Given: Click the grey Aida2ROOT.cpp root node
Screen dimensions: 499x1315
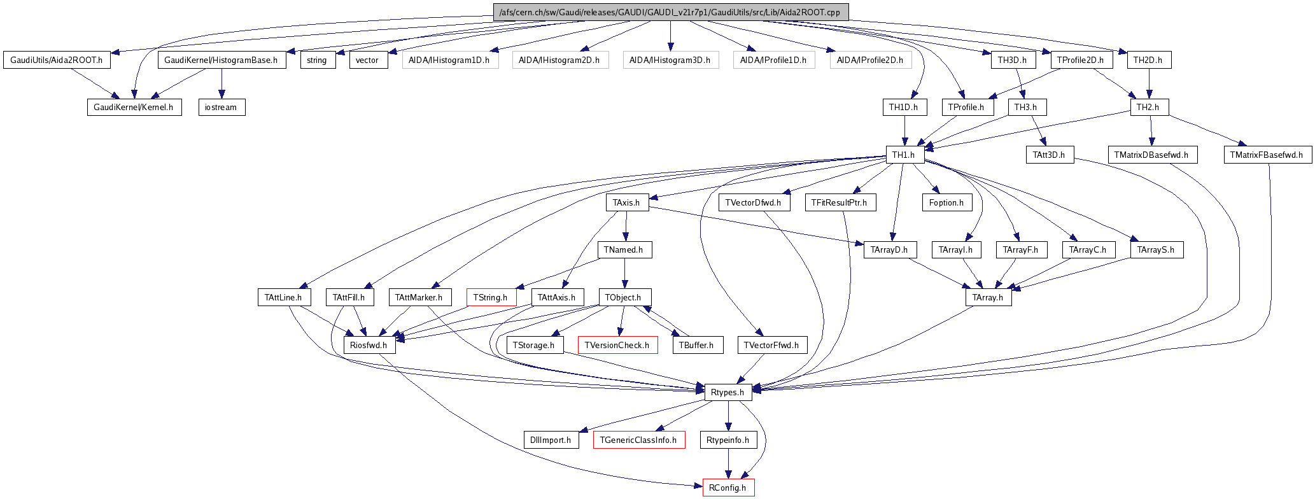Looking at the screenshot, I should tap(670, 12).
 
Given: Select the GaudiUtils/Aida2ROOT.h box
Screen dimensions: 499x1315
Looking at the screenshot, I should tap(57, 60).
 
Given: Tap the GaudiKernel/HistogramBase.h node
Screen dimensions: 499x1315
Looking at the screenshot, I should tap(221, 60).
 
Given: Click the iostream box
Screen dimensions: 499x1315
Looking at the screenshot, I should tap(221, 107).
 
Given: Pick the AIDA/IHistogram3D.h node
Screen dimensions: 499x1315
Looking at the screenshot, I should tap(670, 60).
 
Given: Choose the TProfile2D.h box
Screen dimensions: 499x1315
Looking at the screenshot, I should tap(1081, 60).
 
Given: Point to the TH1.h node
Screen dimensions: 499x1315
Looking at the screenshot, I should tap(904, 155).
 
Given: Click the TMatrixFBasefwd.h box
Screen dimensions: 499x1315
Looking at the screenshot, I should tap(1267, 155).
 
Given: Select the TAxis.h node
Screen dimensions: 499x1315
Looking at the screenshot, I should tap(626, 202).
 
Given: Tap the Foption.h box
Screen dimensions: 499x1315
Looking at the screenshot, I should tap(946, 202).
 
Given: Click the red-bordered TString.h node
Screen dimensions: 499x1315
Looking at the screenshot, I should tap(491, 297).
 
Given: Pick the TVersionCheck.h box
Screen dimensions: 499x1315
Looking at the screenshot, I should tap(617, 345).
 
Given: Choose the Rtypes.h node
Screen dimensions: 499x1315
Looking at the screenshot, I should tap(728, 392).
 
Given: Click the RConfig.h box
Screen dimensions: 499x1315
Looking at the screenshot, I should tap(728, 488).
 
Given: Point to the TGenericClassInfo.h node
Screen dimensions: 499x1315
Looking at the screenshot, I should tap(638, 440).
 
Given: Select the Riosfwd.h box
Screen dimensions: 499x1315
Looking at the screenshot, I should tap(369, 345).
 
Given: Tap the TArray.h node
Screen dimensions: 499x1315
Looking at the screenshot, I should tap(988, 297).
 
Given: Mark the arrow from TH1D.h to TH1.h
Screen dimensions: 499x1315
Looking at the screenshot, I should tap(904, 130).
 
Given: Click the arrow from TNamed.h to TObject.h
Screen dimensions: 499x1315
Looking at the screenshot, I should tap(624, 274).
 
